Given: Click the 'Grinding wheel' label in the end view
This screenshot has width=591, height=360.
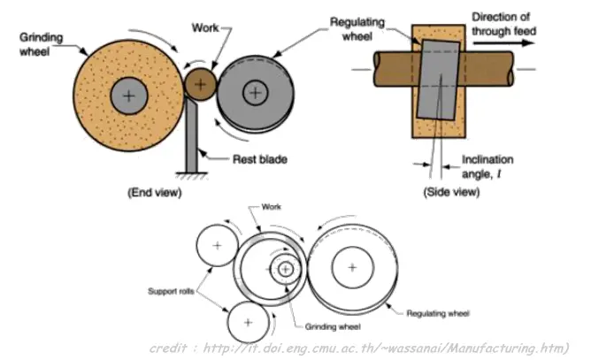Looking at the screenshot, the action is tap(41, 44).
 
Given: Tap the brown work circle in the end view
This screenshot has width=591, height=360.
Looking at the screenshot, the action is tap(201, 84).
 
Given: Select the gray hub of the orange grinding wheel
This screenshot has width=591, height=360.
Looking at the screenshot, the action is tap(129, 96).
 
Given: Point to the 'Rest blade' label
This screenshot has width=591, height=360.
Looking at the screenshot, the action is tap(260, 159).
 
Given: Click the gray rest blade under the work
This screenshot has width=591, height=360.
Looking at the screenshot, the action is tap(191, 134).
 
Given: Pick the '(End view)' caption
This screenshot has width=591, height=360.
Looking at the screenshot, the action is tap(155, 192).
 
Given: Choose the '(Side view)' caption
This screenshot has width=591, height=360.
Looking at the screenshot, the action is tap(451, 192).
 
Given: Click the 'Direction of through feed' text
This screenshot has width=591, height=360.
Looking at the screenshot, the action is tap(504, 24).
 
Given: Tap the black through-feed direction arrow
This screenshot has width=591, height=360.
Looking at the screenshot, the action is tap(504, 43).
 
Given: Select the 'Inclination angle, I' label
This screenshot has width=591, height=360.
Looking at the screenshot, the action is tap(487, 166).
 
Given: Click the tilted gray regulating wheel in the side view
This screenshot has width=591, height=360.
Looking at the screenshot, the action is tap(439, 80).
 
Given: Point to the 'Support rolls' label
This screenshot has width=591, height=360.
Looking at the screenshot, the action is tap(171, 291).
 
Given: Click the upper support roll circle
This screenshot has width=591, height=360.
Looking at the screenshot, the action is tap(217, 245).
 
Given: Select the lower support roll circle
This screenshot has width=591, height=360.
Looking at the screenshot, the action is tap(248, 322).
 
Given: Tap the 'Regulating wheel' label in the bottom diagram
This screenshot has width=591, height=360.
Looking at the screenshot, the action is tap(438, 313).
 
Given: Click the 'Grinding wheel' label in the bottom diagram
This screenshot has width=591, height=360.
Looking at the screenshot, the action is tap(333, 326).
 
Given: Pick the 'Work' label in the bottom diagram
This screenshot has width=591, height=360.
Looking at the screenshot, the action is tap(271, 207).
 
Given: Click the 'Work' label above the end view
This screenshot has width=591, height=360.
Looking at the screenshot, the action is tap(205, 27).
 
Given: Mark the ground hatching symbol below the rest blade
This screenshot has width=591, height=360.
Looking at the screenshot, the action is tap(191, 175).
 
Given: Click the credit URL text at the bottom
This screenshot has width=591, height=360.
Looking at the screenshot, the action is tap(359, 348).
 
